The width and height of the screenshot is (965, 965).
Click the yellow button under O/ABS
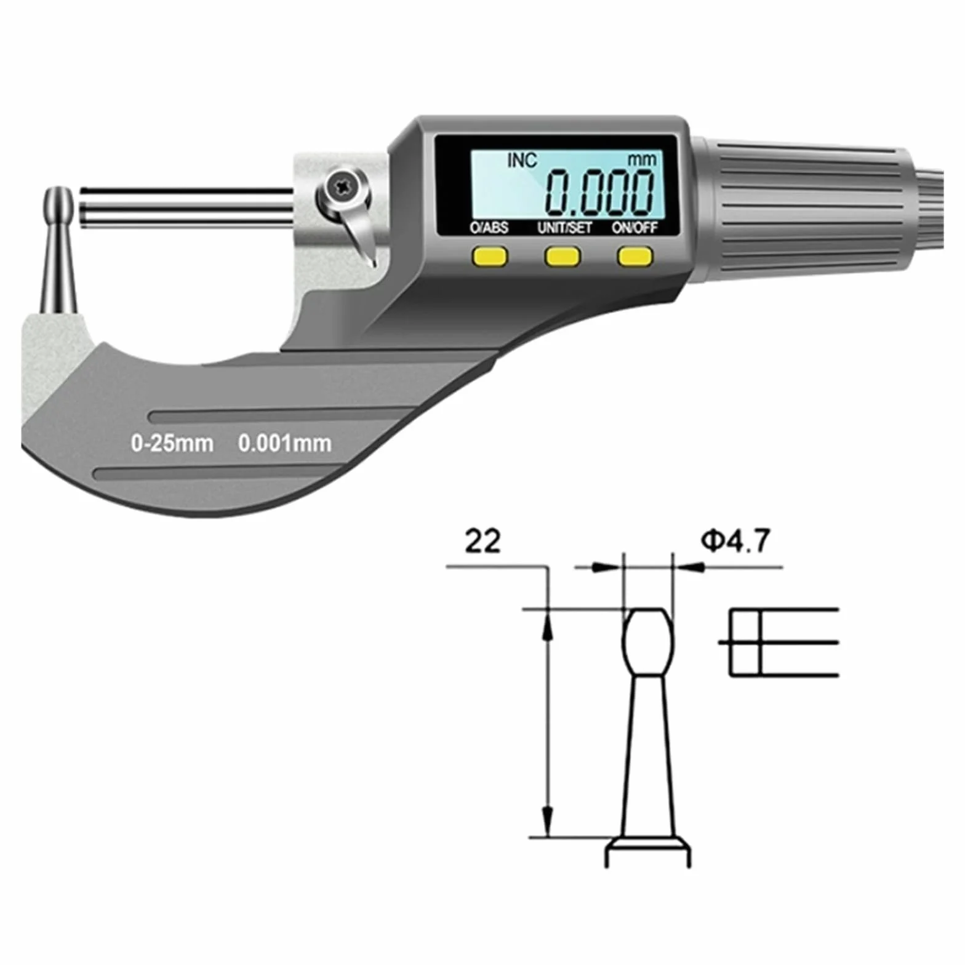tap(490, 256)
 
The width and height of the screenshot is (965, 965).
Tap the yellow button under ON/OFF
tap(636, 256)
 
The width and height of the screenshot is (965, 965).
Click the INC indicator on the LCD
tap(522, 161)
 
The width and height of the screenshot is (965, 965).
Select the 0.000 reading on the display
tap(600, 191)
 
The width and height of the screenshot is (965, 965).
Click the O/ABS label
tap(489, 228)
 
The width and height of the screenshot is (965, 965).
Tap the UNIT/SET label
tap(564, 228)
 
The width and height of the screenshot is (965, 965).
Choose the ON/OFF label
tap(635, 228)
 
